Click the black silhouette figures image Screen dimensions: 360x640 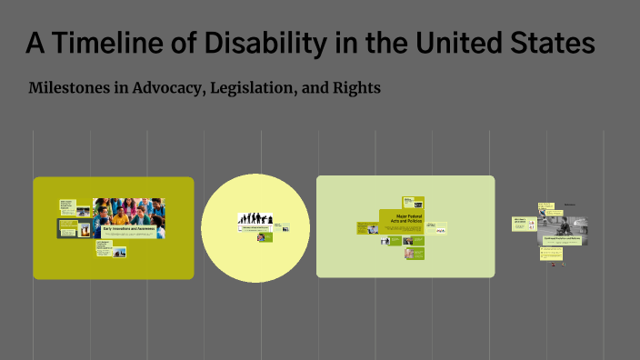coord(255,219)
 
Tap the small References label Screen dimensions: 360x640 coord(571,205)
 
